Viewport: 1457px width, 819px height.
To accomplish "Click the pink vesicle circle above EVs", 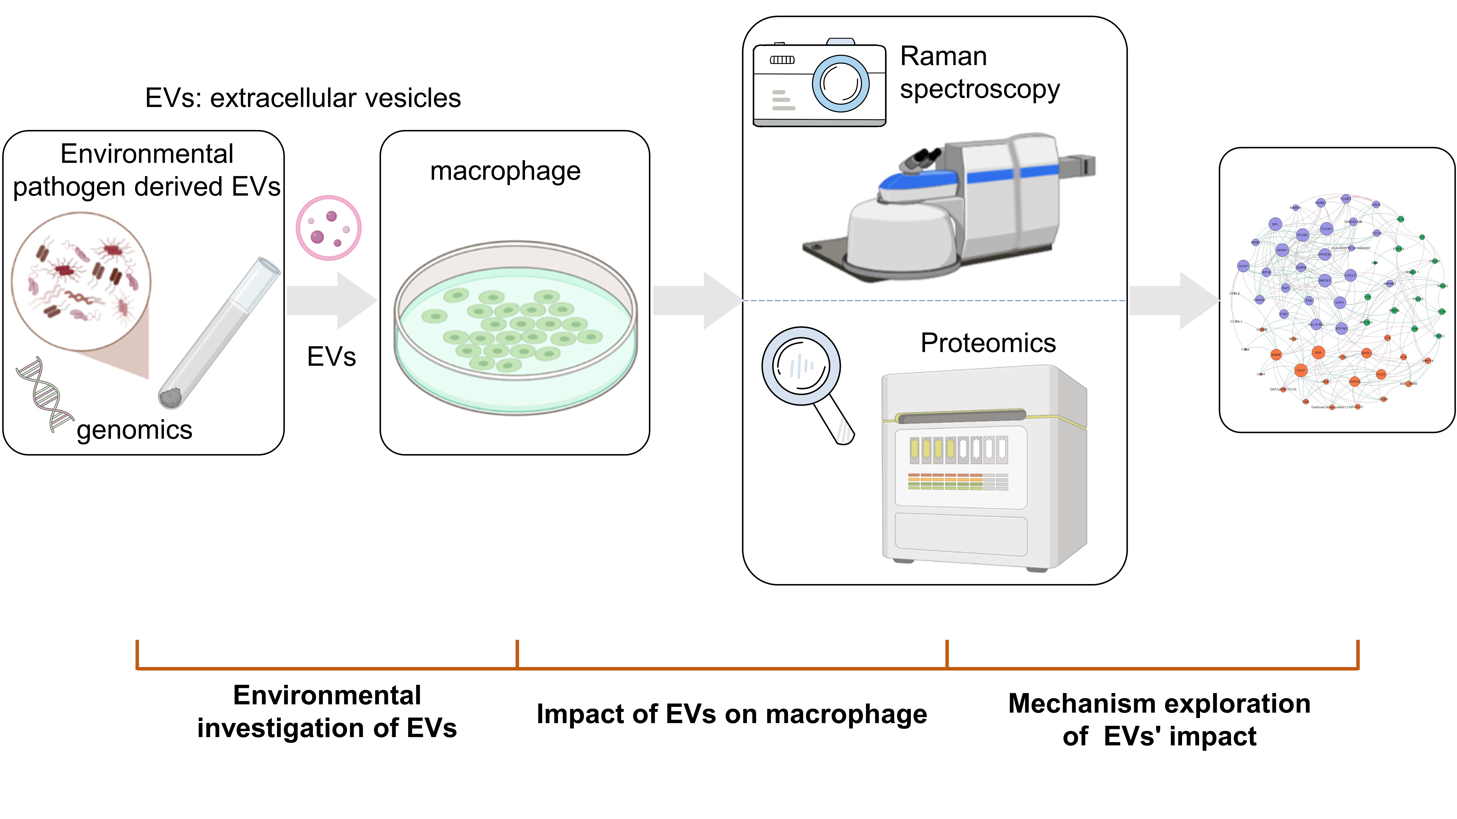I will (329, 228).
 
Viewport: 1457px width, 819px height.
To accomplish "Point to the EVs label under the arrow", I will (331, 357).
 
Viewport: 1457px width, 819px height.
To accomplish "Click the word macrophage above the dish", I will (505, 171).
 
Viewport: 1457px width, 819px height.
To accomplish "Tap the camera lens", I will (841, 84).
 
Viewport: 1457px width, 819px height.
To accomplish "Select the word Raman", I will (943, 57).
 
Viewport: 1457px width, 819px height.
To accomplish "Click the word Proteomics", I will (988, 343).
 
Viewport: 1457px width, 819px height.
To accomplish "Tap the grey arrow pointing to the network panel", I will (1174, 301).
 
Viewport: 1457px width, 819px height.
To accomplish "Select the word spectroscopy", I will (980, 89).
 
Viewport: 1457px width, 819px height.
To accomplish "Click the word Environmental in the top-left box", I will (147, 154).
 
